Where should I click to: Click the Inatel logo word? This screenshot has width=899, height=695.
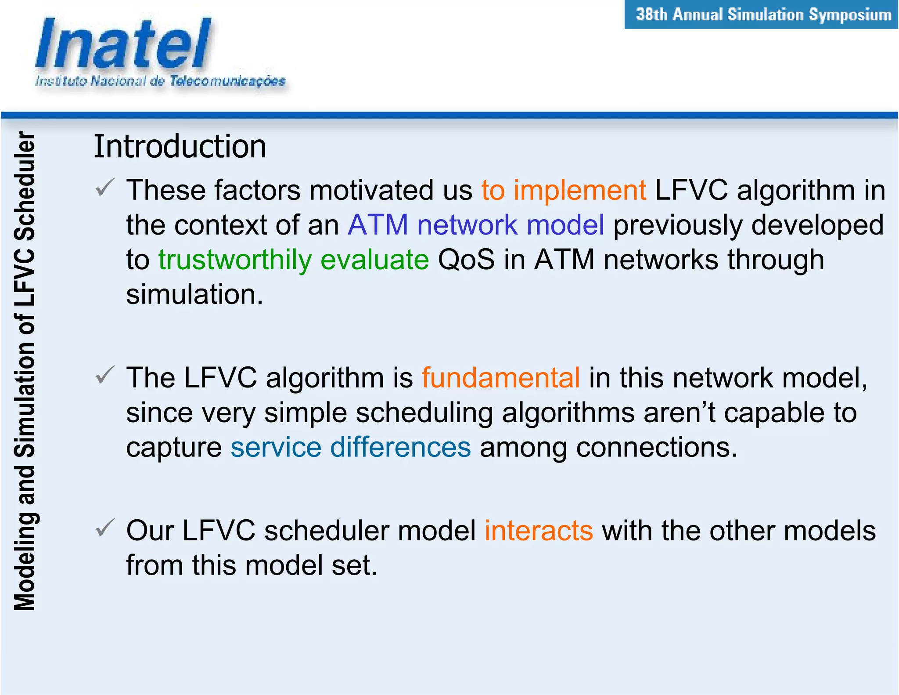point(123,44)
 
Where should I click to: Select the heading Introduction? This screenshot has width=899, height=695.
point(180,146)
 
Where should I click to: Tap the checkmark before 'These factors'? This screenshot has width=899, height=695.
point(105,188)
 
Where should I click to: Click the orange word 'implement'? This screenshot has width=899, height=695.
point(579,191)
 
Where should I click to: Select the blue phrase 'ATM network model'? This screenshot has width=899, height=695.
point(476,225)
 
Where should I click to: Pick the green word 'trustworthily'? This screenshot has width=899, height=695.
point(235,260)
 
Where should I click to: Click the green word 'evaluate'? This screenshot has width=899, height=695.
point(374,260)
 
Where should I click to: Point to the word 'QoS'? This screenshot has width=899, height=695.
point(466,260)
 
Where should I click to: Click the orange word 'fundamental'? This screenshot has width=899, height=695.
point(500,378)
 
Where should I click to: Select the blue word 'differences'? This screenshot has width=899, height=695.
point(400,447)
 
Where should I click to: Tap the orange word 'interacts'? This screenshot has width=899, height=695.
point(539,531)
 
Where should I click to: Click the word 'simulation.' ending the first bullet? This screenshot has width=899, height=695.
point(194,294)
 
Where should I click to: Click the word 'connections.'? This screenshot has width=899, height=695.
point(656,447)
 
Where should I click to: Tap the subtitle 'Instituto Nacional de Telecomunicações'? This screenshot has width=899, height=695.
point(160,81)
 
